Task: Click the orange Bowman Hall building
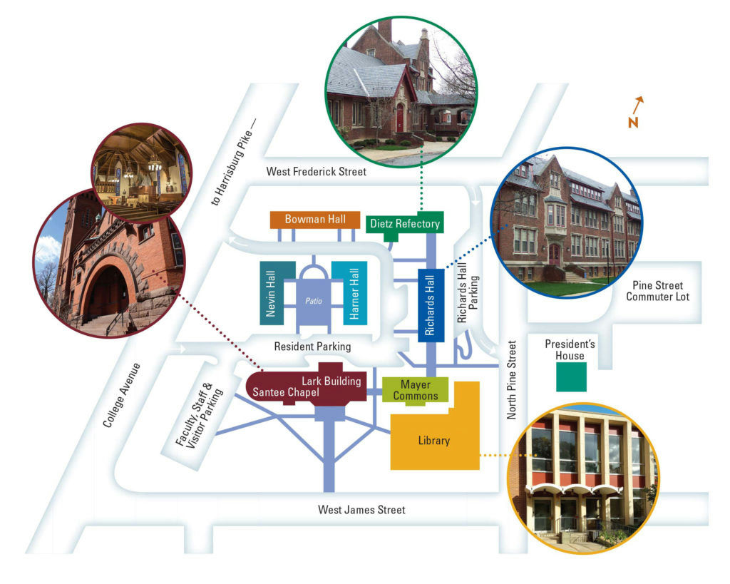(315, 220)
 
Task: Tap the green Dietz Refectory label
(404, 224)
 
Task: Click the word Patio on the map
(314, 301)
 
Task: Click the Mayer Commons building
(416, 390)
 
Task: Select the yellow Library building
(434, 441)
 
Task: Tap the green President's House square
(572, 376)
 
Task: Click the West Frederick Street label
(316, 172)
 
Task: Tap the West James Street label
(361, 510)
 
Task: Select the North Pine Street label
(511, 379)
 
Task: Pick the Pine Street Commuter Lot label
(657, 291)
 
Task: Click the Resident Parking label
(313, 347)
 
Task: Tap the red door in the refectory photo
(400, 117)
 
